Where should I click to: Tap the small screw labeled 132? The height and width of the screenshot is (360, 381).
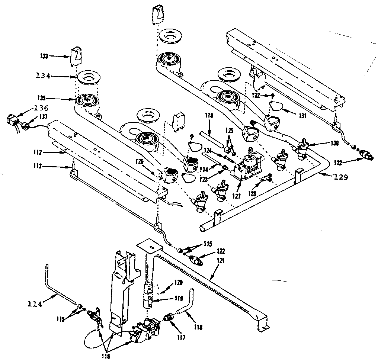(x=273, y=96)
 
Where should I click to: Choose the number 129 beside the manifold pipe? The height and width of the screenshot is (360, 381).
(x=340, y=177)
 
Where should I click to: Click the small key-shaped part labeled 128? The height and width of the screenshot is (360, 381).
(x=267, y=180)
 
